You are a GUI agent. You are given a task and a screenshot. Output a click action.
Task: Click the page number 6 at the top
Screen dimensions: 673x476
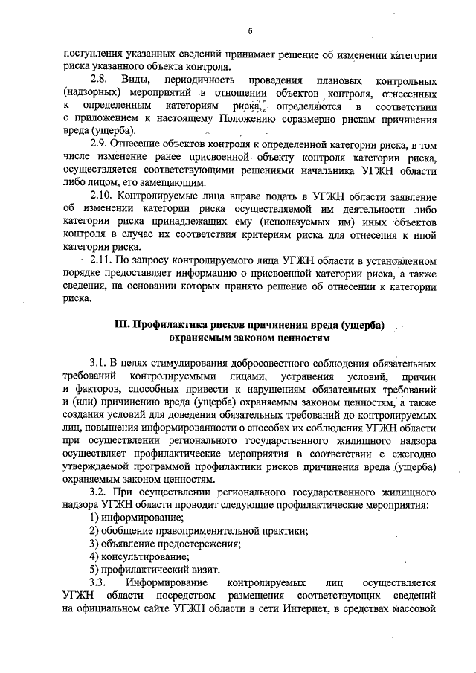pos(251,30)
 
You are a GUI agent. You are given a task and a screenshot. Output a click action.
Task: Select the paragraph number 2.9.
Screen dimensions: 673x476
pos(100,145)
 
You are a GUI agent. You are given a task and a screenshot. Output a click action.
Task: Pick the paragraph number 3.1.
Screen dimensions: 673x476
pos(98,363)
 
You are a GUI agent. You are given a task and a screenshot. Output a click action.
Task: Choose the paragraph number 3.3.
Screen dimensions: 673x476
pos(98,582)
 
